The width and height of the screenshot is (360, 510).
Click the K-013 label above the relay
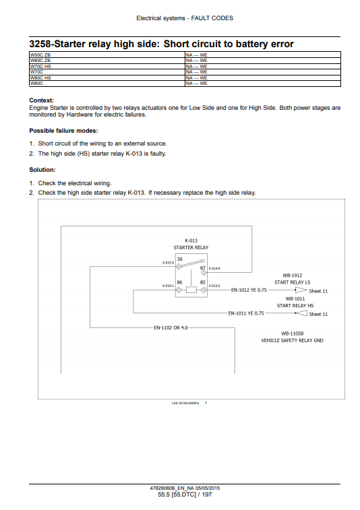pyautogui.click(x=191, y=241)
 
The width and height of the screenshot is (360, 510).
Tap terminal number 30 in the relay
pyautogui.click(x=180, y=259)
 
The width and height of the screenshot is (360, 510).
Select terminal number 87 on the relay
pyautogui.click(x=203, y=268)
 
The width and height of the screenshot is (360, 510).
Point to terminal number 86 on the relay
pyautogui.click(x=180, y=282)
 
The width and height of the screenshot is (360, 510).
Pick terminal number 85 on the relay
pyautogui.click(x=203, y=282)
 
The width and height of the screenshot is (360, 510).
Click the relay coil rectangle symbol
pyautogui.click(x=191, y=290)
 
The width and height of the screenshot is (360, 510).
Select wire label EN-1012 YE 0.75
pyautogui.click(x=249, y=290)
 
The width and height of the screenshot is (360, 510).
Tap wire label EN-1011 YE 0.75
pyautogui.click(x=246, y=313)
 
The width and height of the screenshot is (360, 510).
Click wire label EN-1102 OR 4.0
pyautogui.click(x=171, y=327)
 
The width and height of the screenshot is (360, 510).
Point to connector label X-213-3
pyautogui.click(x=168, y=263)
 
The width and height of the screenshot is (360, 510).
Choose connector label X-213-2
pyautogui.click(x=214, y=286)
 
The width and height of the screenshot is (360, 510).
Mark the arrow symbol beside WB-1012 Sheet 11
pyautogui.click(x=301, y=290)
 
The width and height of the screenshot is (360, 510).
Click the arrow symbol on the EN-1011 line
pyautogui.click(x=301, y=313)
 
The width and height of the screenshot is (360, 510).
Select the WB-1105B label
pyautogui.click(x=293, y=333)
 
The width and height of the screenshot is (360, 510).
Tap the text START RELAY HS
pyautogui.click(x=295, y=305)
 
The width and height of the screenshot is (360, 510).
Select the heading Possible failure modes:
pyautogui.click(x=63, y=131)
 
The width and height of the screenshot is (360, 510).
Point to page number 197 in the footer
pyautogui.click(x=207, y=495)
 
